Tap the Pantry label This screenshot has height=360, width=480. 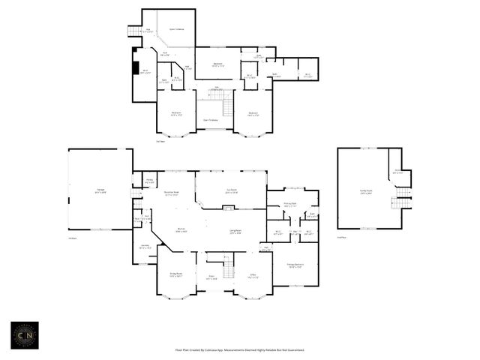coord(149,181)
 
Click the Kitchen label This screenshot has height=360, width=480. coord(181,230)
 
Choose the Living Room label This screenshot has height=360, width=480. coord(235,231)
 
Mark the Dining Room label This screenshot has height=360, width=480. coord(175,275)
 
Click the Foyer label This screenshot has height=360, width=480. coord(212,278)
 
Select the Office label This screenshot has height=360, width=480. coord(253,275)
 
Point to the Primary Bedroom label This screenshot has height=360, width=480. coord(295,265)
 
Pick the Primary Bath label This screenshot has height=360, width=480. coord(290,204)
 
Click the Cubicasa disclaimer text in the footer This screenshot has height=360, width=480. coord(239,349)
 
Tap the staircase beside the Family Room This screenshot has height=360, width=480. coord(403,196)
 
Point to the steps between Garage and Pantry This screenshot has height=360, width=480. coord(136,193)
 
